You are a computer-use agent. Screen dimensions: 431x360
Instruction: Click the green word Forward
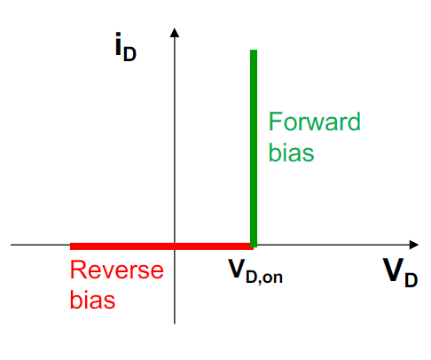(x=314, y=121)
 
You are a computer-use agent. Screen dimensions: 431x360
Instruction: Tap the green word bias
(x=291, y=153)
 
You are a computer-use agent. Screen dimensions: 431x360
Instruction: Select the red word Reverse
(x=117, y=270)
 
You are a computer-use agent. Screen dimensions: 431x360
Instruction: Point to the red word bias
(x=92, y=300)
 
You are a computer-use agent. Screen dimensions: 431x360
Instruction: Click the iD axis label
(x=126, y=47)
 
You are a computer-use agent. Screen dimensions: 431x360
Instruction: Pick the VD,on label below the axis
(x=255, y=271)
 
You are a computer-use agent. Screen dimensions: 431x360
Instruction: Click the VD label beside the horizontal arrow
(x=400, y=272)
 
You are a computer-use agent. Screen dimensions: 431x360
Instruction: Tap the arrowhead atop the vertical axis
(x=175, y=32)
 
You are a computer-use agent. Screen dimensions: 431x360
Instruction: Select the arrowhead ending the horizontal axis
(x=414, y=245)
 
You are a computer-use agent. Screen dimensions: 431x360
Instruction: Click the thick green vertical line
(x=254, y=148)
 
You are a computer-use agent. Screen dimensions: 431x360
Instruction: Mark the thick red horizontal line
(x=161, y=247)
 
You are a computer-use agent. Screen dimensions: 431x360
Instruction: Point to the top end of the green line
(x=254, y=50)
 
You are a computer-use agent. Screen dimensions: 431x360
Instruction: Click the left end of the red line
(x=70, y=247)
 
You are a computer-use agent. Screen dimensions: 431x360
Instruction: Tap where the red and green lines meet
(x=254, y=246)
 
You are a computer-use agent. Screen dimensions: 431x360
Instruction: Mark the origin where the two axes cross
(x=175, y=245)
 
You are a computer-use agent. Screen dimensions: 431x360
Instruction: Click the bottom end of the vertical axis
(x=175, y=324)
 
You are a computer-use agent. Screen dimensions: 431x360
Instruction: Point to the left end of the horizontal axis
(x=11, y=245)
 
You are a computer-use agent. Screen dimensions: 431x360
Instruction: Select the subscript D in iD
(x=129, y=54)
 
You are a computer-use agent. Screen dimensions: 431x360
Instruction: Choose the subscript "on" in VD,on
(x=272, y=278)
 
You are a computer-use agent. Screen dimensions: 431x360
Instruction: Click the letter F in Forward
(x=274, y=121)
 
